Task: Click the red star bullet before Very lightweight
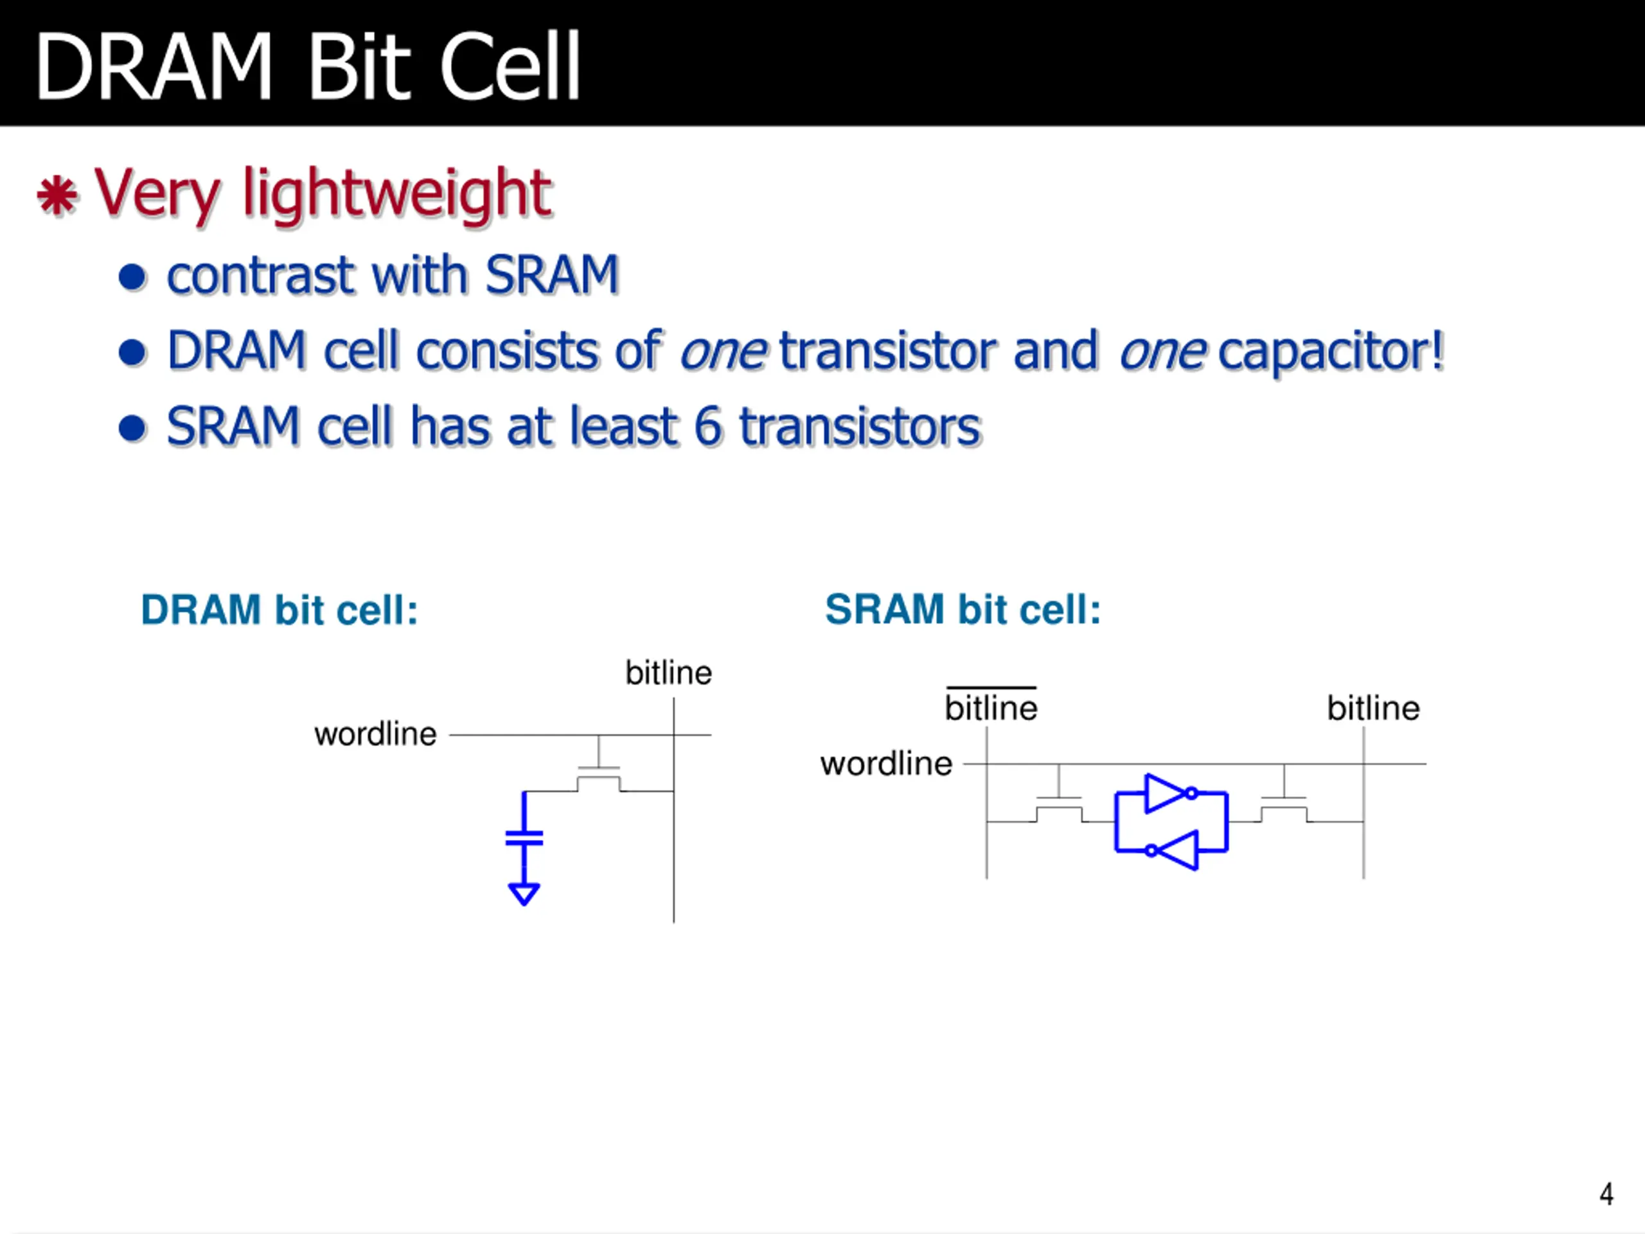coord(57,197)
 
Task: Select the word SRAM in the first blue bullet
coord(551,275)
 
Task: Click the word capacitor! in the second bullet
coord(1330,351)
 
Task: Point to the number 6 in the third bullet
coord(707,427)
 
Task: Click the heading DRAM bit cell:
coord(280,610)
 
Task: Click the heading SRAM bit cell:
coord(963,610)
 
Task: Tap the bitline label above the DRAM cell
coord(668,673)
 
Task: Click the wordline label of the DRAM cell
coord(375,734)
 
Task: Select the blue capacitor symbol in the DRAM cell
coord(524,838)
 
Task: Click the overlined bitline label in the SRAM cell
coord(991,708)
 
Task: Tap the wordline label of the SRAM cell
coord(885,764)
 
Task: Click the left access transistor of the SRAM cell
coord(1058,807)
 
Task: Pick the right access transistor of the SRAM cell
coord(1284,807)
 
